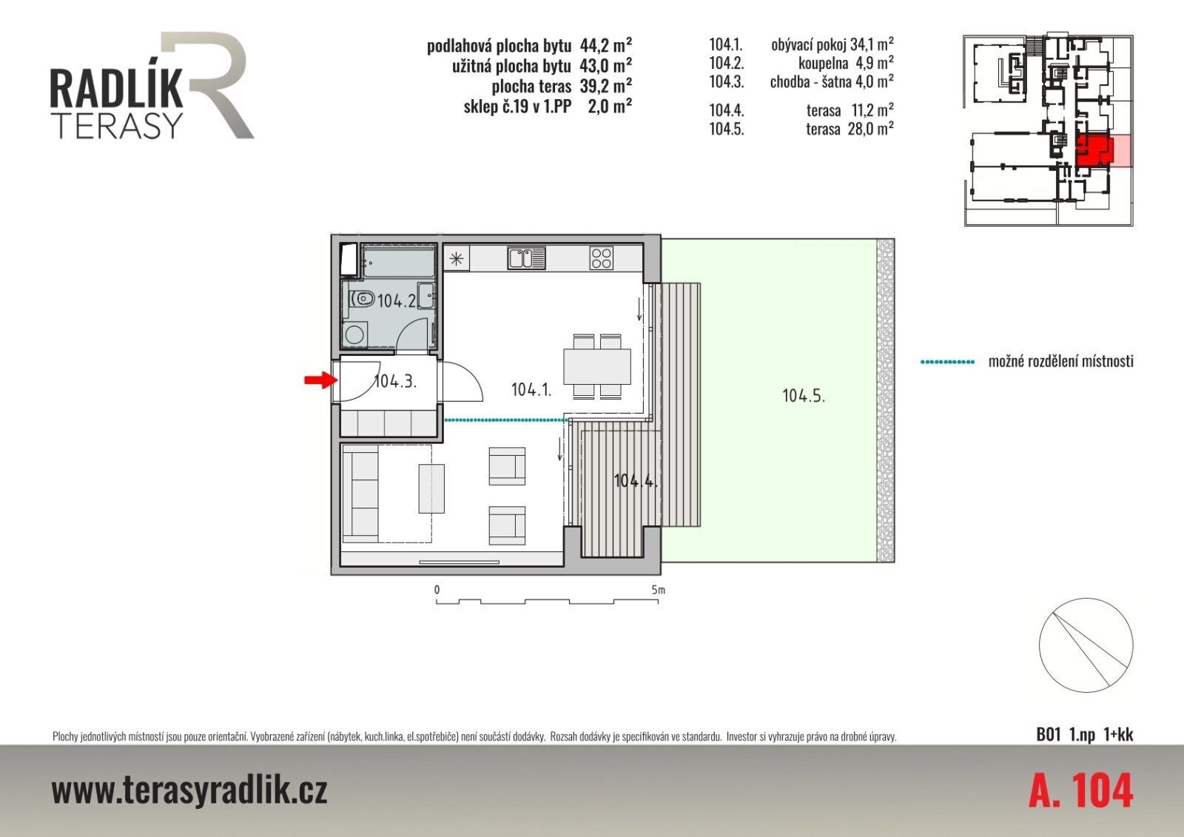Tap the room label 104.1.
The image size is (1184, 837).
pos(531,390)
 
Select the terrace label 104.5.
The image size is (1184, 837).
pos(804,395)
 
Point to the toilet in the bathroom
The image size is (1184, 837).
pos(362,299)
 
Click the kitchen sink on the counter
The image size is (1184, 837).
pos(526,258)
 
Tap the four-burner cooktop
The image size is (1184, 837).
pos(602,258)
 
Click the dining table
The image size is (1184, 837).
pos(596,366)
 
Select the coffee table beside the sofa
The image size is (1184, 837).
pos(431,488)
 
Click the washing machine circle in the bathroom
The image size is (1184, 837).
pos(353,335)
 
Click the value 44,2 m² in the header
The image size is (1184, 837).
pos(606,45)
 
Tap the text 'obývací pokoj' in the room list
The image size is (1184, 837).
pos(809,45)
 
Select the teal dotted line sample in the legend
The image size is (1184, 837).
pos(948,362)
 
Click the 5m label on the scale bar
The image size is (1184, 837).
pos(658,590)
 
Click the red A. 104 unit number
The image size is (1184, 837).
pos(1081,791)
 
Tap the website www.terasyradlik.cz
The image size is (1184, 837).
pos(189,791)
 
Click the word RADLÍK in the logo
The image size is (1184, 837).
pos(117,90)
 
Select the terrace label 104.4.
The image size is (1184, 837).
pos(636,481)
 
